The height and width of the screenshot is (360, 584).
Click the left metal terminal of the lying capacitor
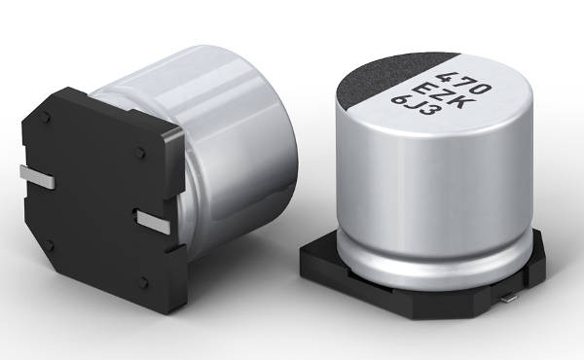click(x=37, y=177)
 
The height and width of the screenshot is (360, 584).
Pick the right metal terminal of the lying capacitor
click(x=154, y=222)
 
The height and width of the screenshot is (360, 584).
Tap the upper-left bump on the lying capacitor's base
click(x=45, y=119)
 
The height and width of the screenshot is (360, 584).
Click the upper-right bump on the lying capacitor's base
click(x=140, y=152)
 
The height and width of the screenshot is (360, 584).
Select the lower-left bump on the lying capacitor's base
click(x=49, y=245)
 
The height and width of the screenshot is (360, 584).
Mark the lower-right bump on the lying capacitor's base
click(x=143, y=283)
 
